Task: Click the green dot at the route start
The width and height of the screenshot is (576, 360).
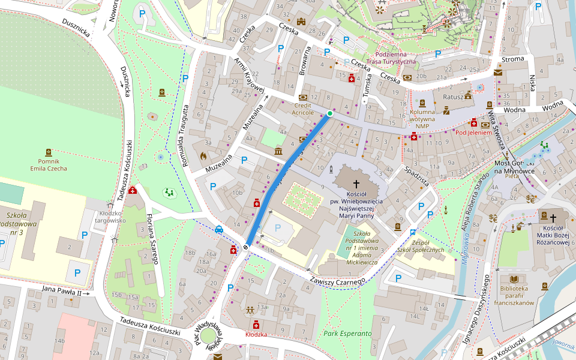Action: [x=330, y=113]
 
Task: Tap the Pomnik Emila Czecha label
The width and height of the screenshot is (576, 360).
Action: [x=49, y=164]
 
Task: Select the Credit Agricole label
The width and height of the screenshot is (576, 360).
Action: [x=303, y=109]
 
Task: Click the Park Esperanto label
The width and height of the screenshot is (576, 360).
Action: [x=347, y=333]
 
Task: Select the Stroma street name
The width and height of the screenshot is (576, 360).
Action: [x=512, y=59]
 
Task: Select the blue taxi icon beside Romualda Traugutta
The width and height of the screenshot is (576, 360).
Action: [x=219, y=229]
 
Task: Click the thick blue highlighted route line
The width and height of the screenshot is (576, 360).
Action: [x=288, y=180]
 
